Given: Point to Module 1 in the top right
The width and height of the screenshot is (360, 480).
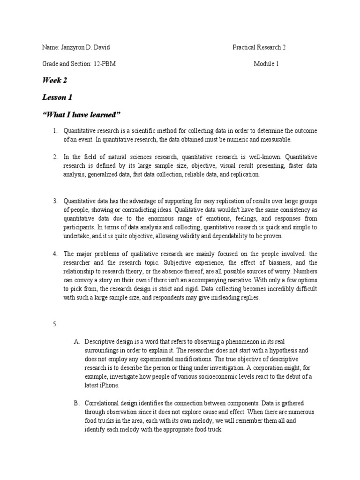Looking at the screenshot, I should pos(267,64).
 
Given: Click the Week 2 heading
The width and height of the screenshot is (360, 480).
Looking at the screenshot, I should pos(54,80).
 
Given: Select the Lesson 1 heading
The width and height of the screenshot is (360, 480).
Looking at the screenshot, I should pos(57,97).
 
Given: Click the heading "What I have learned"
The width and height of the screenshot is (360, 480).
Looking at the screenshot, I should pos(82,115).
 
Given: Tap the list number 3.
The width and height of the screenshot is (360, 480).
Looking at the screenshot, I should pos(55,201).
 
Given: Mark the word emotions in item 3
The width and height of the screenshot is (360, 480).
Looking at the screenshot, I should pos(222,219).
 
